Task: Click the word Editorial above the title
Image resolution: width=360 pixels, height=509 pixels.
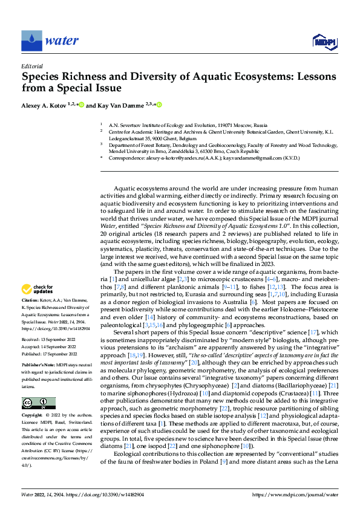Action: coord(31,66)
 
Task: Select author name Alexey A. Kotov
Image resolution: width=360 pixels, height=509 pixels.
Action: coord(44,105)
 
